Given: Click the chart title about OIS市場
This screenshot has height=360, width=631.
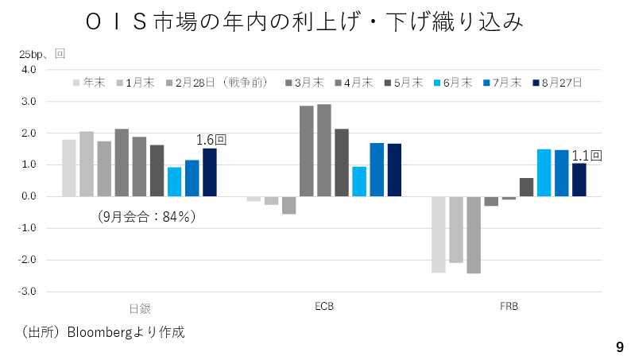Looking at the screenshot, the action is pyautogui.click(x=304, y=21).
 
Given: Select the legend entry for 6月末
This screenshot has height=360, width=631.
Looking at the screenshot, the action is pyautogui.click(x=453, y=83).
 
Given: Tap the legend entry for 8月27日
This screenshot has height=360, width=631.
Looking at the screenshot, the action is pyautogui.click(x=557, y=83).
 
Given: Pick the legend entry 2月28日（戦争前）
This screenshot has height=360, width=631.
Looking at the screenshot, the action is pyautogui.click(x=217, y=83).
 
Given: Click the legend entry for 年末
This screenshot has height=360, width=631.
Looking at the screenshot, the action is pyautogui.click(x=89, y=83).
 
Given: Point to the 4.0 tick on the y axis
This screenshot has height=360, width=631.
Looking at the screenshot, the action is pyautogui.click(x=29, y=70).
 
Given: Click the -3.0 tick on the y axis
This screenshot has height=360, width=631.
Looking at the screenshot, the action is pyautogui.click(x=26, y=291).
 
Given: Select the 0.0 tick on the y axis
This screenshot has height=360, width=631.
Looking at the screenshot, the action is pyautogui.click(x=29, y=196).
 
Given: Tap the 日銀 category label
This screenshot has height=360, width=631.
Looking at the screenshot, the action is pyautogui.click(x=140, y=308).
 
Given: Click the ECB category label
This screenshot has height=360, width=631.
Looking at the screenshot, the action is pyautogui.click(x=324, y=307).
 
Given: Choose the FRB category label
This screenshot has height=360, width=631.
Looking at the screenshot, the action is pyautogui.click(x=509, y=307).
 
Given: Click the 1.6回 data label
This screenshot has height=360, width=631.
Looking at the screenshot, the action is pyautogui.click(x=211, y=140).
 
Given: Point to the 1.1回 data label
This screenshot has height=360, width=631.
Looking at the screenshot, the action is pyautogui.click(x=586, y=156).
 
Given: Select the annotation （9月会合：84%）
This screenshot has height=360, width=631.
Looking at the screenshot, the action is pyautogui.click(x=146, y=217).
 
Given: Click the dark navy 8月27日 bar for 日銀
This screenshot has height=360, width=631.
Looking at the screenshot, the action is pyautogui.click(x=210, y=172).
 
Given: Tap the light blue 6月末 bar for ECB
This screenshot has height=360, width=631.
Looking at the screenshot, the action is pyautogui.click(x=359, y=181).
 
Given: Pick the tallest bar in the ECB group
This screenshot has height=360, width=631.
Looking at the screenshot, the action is pyautogui.click(x=324, y=150).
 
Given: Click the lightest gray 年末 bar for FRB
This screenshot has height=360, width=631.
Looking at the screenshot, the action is pyautogui.click(x=439, y=234).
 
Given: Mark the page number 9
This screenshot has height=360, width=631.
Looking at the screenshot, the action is pyautogui.click(x=620, y=346).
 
